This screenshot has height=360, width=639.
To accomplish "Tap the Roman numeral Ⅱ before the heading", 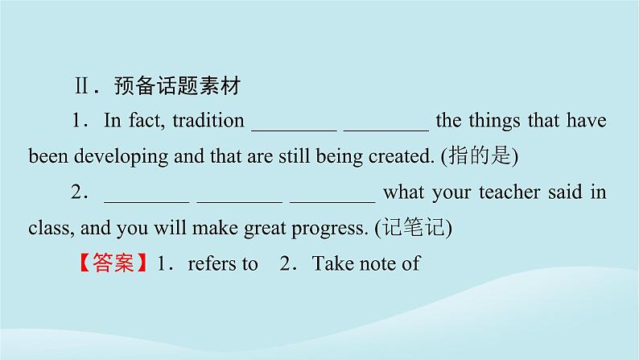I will pyautogui.click(x=82, y=85).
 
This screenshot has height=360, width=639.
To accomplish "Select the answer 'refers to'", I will pyautogui.click(x=222, y=263).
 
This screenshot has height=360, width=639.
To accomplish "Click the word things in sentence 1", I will pyautogui.click(x=492, y=122).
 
